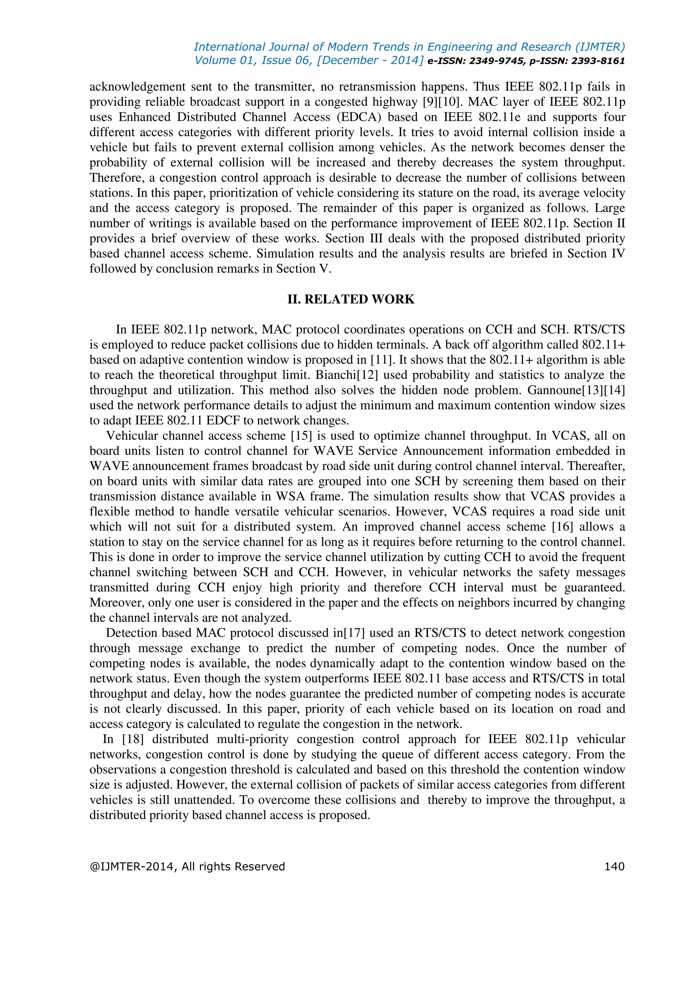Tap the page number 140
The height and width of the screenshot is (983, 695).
click(x=614, y=867)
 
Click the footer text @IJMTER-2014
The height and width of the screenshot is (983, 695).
click(x=133, y=867)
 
